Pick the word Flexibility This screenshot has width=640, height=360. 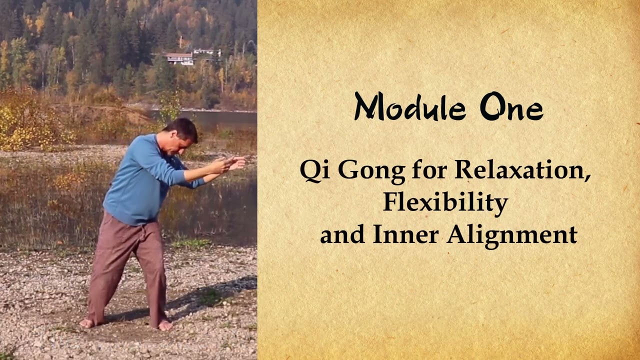tap(445, 202)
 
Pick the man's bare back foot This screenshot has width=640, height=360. tap(87, 323)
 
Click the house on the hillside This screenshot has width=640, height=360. tap(180, 58)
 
